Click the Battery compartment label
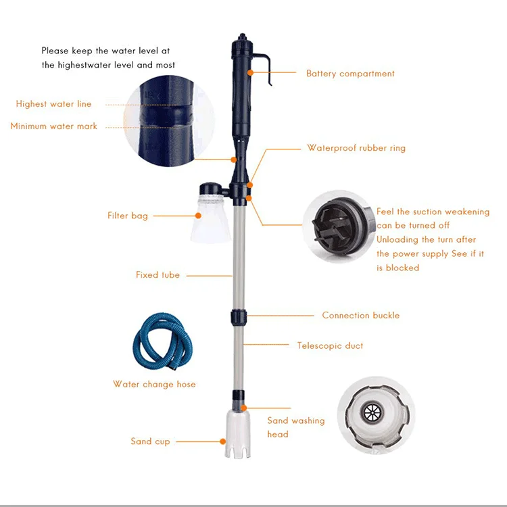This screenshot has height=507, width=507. click(350, 74)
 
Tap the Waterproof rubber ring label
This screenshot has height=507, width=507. click(356, 148)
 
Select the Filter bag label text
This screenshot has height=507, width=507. click(127, 216)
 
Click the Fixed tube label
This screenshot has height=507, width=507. click(158, 275)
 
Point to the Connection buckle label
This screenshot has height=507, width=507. click(360, 316)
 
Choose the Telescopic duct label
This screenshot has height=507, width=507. click(330, 346)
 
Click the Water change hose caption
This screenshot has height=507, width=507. click(154, 385)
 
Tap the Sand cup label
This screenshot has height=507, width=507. click(150, 441)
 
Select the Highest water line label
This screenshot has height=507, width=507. click(53, 104)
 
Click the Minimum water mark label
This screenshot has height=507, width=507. click(53, 126)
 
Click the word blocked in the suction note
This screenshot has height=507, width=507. click(402, 268)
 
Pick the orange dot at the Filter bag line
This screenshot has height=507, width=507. click(198, 216)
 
